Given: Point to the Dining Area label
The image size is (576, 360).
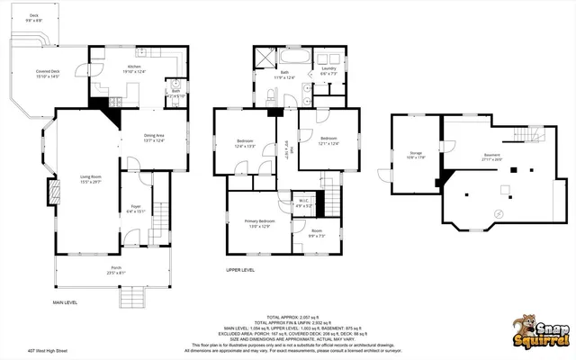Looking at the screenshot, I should [154, 138].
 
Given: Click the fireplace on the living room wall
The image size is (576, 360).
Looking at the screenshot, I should [55, 192].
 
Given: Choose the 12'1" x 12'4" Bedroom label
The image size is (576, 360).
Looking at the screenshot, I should [328, 139].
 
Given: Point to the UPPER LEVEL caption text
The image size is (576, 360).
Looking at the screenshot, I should [239, 268].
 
